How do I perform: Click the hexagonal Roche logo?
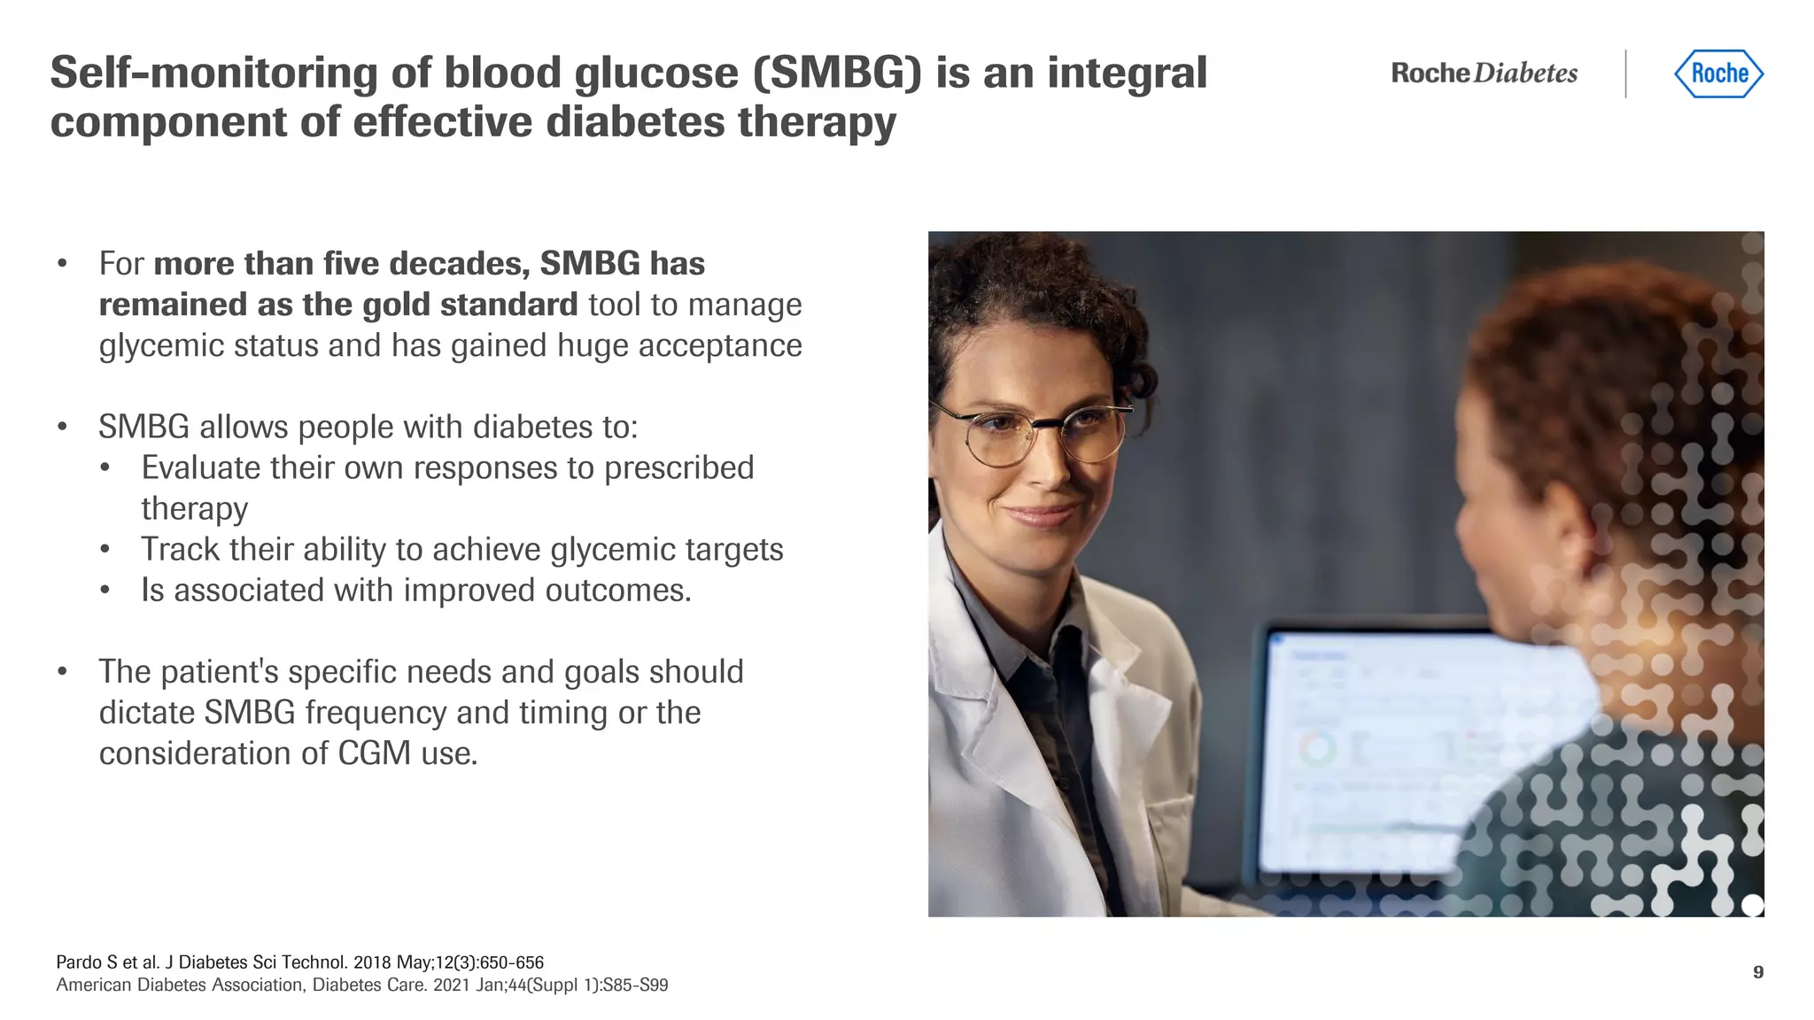[x=1718, y=73]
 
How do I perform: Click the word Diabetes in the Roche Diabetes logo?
[x=1526, y=73]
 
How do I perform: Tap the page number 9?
[x=1757, y=972]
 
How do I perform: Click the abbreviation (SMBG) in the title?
[x=837, y=73]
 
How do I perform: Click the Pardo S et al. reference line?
[x=299, y=962]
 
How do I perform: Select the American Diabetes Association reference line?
[x=361, y=985]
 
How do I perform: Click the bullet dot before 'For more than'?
[x=62, y=264]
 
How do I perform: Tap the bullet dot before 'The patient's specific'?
[x=62, y=672]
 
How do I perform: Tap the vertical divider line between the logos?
[x=1626, y=73]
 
